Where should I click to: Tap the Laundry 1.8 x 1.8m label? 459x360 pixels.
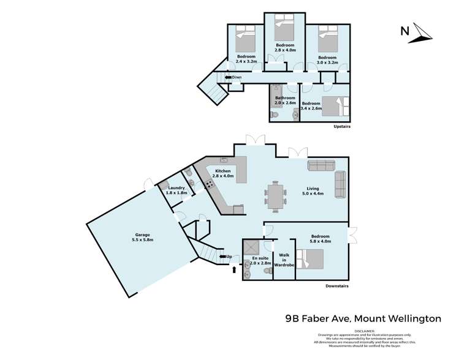click(x=176, y=190)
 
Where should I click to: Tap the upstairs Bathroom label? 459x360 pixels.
click(x=285, y=100)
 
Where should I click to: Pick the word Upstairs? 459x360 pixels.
click(x=341, y=127)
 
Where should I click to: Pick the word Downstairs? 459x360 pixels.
click(x=338, y=287)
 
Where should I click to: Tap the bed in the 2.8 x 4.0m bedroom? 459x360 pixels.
click(x=284, y=25)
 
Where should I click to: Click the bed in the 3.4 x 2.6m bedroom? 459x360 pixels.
click(x=334, y=107)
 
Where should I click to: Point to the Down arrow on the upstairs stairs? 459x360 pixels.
click(x=233, y=77)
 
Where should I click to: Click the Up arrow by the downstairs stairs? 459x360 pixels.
click(x=226, y=257)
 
